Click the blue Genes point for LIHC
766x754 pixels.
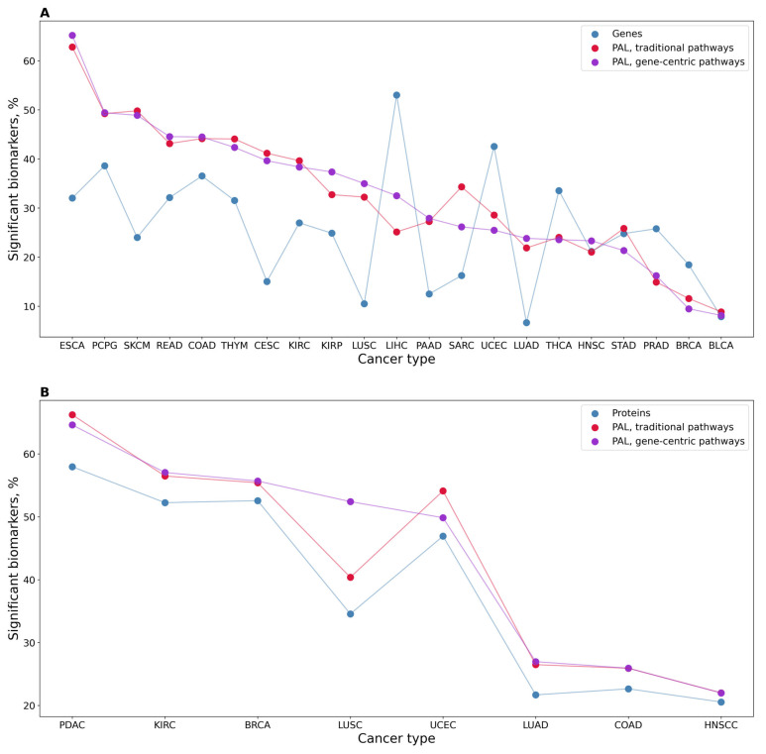(x=396, y=95)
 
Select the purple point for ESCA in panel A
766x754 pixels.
(x=72, y=36)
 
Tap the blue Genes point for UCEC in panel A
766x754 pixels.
(x=493, y=147)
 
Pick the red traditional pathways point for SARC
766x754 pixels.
(x=462, y=186)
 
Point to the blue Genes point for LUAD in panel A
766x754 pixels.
(x=526, y=322)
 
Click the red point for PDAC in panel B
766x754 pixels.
(x=72, y=414)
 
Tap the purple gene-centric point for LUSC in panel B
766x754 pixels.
(x=350, y=501)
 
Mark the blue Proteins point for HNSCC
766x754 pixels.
(x=720, y=701)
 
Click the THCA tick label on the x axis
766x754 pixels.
(x=559, y=348)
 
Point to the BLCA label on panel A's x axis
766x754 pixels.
(x=720, y=348)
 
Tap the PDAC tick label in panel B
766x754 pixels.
(x=72, y=725)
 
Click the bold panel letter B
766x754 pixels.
(x=45, y=392)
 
